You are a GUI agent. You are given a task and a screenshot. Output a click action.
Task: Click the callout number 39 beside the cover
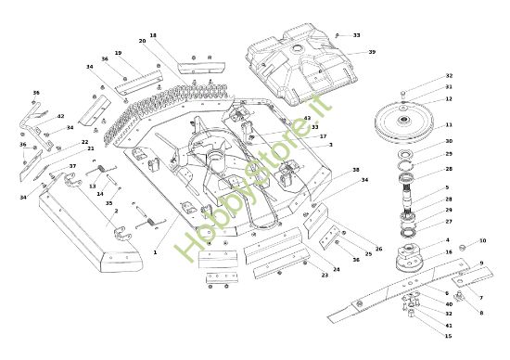pyautogui.click(x=372, y=52)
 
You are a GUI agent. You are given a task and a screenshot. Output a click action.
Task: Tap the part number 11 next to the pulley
pyautogui.click(x=449, y=124)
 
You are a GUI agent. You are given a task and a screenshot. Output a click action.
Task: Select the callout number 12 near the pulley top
pyautogui.click(x=449, y=98)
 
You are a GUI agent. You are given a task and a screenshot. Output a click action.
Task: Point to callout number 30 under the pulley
pyautogui.click(x=449, y=141)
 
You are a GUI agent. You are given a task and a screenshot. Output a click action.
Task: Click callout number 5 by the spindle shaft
pyautogui.click(x=448, y=186)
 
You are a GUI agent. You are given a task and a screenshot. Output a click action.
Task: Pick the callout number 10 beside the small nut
pyautogui.click(x=483, y=240)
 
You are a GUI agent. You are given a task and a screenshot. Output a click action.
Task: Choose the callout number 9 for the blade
pyautogui.click(x=480, y=264)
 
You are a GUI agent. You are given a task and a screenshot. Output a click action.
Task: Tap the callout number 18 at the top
pyautogui.click(x=153, y=35)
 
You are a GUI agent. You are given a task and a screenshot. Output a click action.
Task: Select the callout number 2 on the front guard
pyautogui.click(x=115, y=211)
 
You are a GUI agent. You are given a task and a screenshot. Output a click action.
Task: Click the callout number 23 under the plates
pyautogui.click(x=325, y=276)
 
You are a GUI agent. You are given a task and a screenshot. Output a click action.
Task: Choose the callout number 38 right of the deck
pyautogui.click(x=355, y=171)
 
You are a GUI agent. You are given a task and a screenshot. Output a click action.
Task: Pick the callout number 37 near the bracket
pyautogui.click(x=72, y=166)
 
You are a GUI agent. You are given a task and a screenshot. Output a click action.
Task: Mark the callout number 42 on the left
pyautogui.click(x=60, y=116)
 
